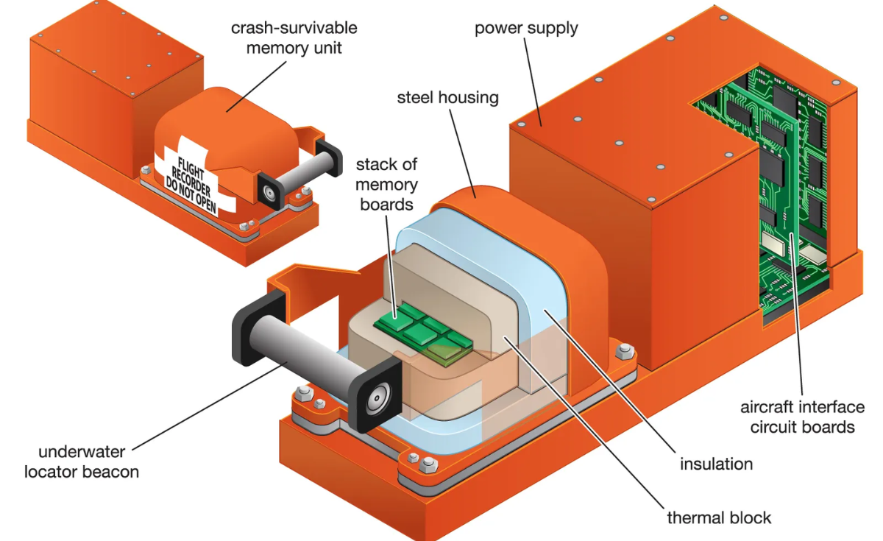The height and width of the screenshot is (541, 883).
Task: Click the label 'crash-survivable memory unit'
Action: pyautogui.click(x=294, y=38)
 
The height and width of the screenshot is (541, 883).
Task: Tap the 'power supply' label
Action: pyautogui.click(x=526, y=29)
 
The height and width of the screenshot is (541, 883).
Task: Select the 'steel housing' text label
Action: pyautogui.click(x=447, y=97)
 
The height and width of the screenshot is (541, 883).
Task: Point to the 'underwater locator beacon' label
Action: pyautogui.click(x=81, y=461)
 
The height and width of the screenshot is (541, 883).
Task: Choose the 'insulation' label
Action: pyautogui.click(x=716, y=464)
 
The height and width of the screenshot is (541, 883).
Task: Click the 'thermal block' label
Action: pyautogui.click(x=719, y=517)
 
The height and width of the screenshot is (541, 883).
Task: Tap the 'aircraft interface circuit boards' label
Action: pyautogui.click(x=802, y=417)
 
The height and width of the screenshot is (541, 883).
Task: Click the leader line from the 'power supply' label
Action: pyautogui.click(x=533, y=81)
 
